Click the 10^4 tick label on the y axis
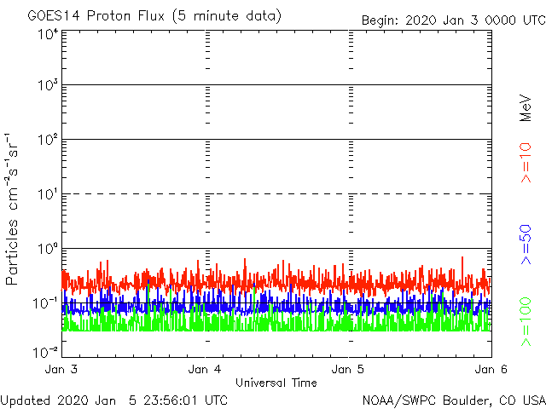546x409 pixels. (x=47, y=35)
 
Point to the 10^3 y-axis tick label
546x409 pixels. (x=47, y=87)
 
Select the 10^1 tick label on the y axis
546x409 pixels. (x=47, y=195)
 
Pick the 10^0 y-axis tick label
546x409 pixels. (x=47, y=250)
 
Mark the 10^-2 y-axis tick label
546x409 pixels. (x=45, y=351)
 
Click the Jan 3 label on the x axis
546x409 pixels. (x=61, y=370)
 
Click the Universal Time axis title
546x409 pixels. (x=276, y=383)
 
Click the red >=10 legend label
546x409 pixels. (x=526, y=163)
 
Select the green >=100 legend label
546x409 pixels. (x=526, y=322)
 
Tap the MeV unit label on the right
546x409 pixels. (x=526, y=108)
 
